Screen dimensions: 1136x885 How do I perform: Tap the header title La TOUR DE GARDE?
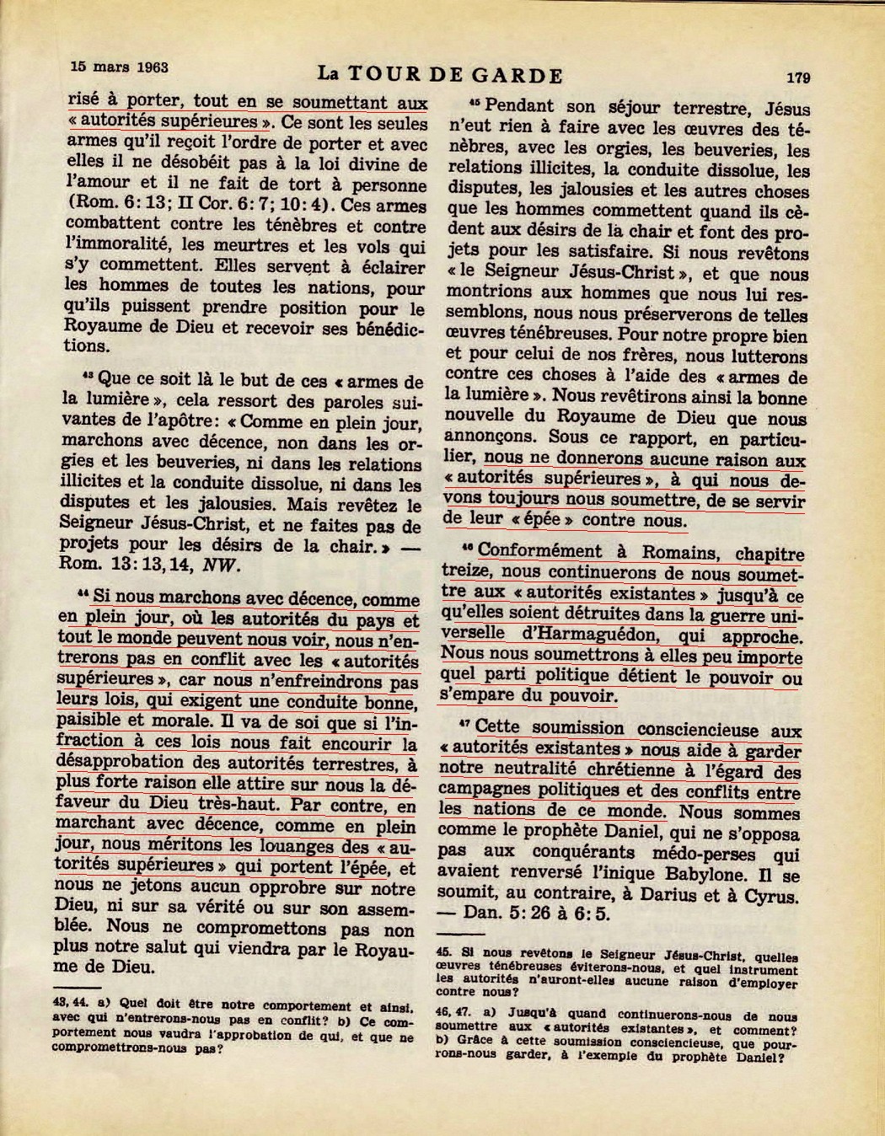pos(437,75)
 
